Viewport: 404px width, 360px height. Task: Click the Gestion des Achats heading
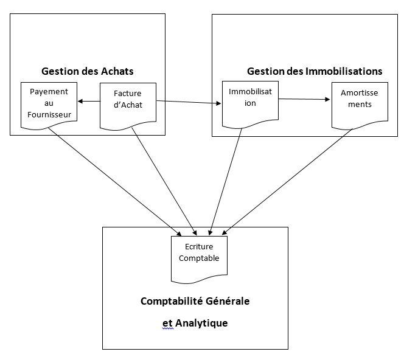click(x=88, y=71)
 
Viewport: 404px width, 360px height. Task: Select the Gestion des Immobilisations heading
click(x=315, y=71)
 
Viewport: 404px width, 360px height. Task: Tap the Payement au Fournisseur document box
click(x=49, y=106)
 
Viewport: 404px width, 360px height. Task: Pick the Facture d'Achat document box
click(x=128, y=106)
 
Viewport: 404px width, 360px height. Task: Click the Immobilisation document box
click(x=250, y=105)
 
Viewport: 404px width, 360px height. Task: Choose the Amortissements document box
click(x=360, y=105)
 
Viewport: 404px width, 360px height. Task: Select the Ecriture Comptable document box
click(x=199, y=260)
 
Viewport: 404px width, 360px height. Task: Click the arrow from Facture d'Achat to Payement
click(x=89, y=101)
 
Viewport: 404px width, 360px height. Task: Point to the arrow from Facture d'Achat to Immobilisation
click(x=189, y=102)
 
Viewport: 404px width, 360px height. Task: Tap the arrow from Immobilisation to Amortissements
click(x=304, y=99)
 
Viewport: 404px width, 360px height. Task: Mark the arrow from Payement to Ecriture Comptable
click(x=115, y=182)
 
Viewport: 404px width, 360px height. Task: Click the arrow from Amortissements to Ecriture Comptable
click(x=287, y=182)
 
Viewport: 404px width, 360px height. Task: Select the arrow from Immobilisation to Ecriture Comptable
click(x=226, y=182)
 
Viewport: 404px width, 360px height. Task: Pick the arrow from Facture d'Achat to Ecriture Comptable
click(x=164, y=182)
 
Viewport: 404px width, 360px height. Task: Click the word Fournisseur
click(x=49, y=114)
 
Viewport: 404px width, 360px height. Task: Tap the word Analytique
click(x=201, y=323)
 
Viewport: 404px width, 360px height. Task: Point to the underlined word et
click(x=167, y=324)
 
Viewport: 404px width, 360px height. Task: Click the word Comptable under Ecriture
click(x=199, y=258)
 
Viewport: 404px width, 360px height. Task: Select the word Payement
click(x=49, y=92)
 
